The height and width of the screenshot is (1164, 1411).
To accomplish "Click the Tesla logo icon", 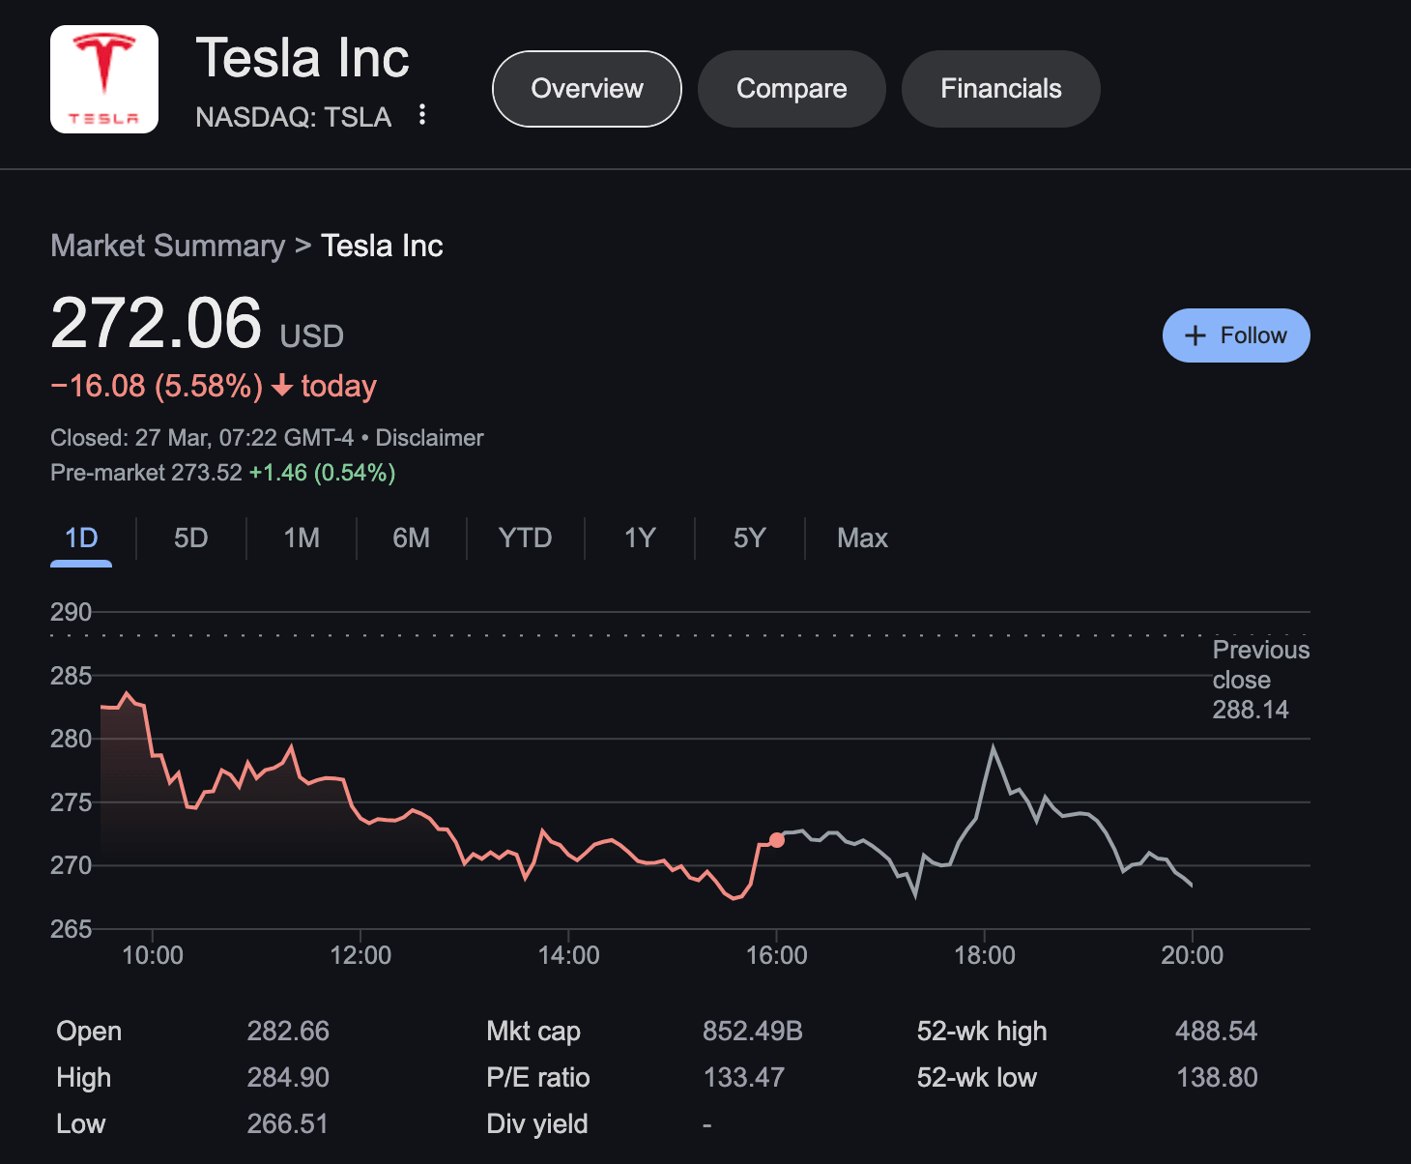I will (x=104, y=79).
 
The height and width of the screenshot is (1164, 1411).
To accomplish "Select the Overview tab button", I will (x=587, y=89).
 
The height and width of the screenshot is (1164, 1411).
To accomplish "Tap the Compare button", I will (x=792, y=89).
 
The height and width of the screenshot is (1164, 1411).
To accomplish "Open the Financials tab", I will (x=1000, y=89).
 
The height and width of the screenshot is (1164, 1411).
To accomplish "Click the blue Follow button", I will (x=1235, y=335).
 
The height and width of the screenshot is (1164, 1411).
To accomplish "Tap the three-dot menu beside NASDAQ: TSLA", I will (x=422, y=115).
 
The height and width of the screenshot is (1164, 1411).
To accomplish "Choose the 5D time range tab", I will (x=190, y=538).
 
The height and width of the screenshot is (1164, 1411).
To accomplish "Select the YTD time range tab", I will (x=525, y=538).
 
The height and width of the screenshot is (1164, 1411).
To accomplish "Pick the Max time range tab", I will (x=862, y=538).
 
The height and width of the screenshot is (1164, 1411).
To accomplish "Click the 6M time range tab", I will (x=411, y=538).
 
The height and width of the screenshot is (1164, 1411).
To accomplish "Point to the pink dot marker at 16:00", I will (x=777, y=839).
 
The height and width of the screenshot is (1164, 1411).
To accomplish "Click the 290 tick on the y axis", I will (x=71, y=612).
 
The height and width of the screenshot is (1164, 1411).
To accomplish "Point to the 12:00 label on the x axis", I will (x=360, y=955).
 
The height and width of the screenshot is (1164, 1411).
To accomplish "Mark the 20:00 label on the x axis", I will (x=1192, y=955).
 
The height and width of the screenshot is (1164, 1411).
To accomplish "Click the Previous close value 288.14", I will (x=1251, y=710).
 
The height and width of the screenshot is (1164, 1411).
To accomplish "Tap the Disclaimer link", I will (x=429, y=438).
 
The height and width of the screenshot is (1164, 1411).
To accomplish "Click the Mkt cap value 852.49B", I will (x=752, y=1032).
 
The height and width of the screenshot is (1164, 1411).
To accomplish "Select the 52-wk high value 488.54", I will (x=1216, y=1032).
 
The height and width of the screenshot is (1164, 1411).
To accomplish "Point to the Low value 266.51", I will (x=287, y=1123).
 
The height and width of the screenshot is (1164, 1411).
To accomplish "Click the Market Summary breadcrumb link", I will (x=167, y=246).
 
